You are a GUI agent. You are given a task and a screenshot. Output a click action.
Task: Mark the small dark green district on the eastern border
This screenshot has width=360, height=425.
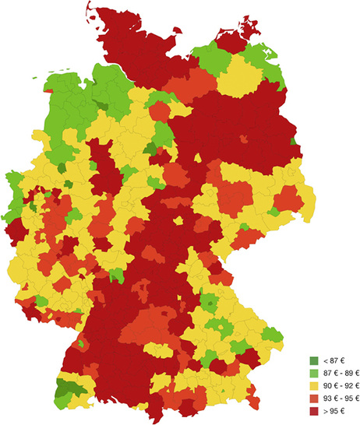(x=294, y=142)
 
